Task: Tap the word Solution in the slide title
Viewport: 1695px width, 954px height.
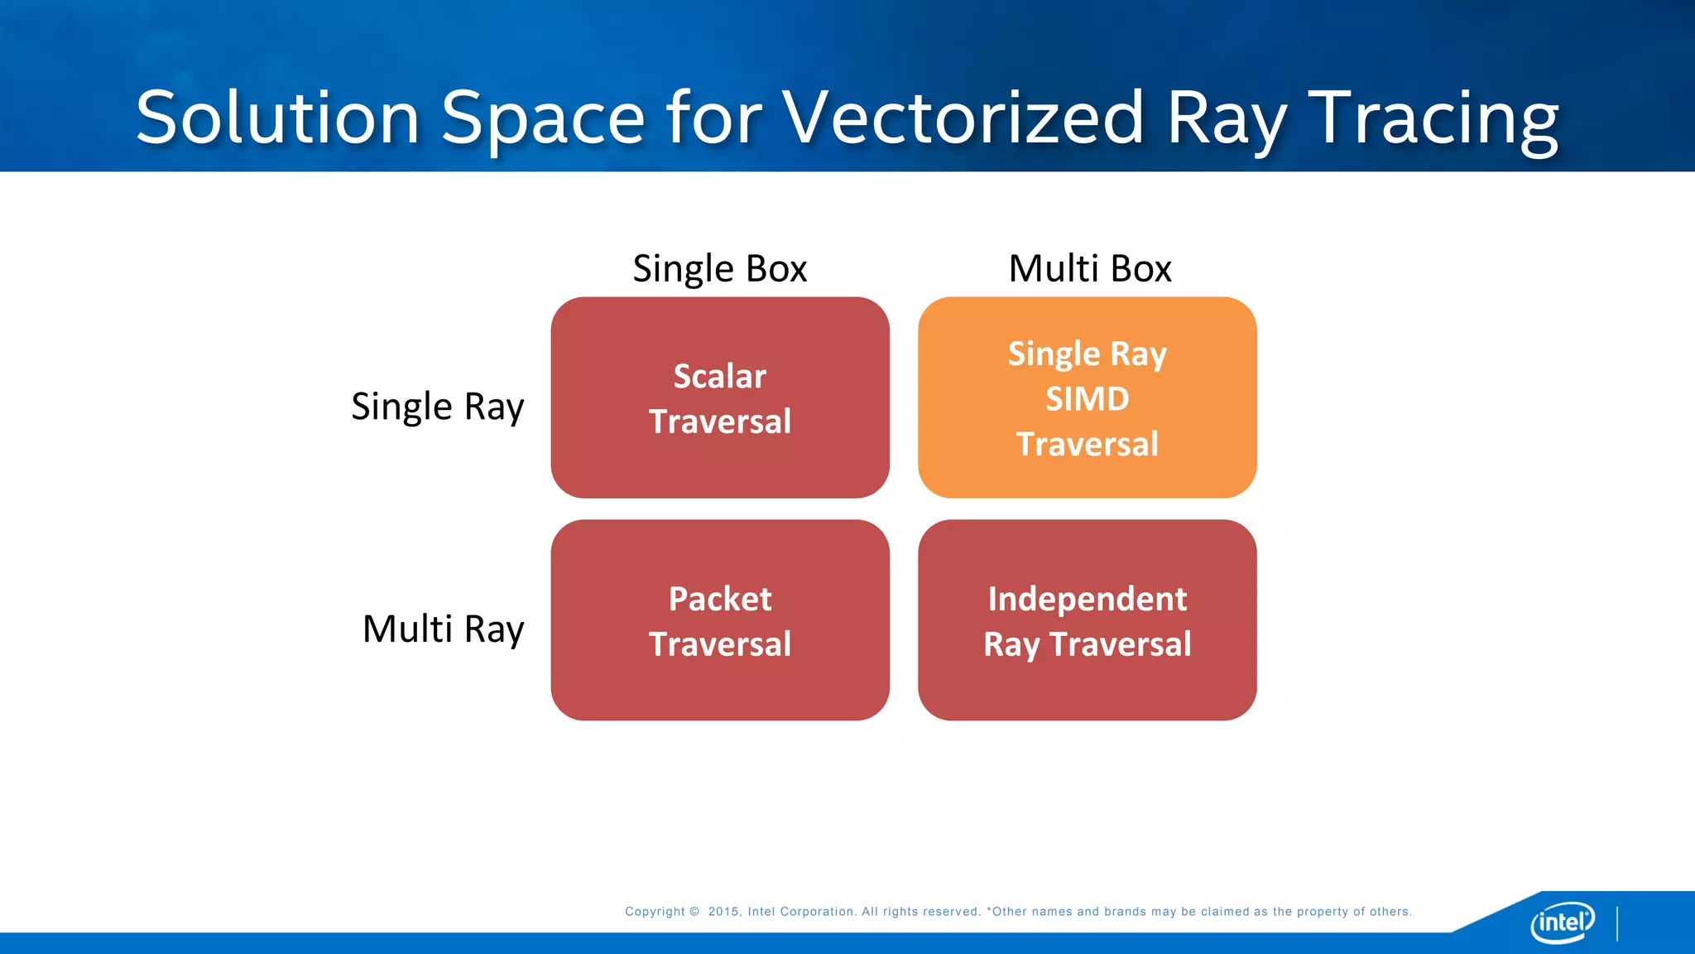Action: point(278,118)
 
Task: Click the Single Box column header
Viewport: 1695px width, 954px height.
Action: point(719,268)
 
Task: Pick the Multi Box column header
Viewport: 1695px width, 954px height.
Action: point(1089,268)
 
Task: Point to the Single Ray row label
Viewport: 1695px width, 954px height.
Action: point(437,407)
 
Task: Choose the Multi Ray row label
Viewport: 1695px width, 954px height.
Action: point(443,629)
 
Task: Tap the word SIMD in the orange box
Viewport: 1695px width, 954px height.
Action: point(1087,399)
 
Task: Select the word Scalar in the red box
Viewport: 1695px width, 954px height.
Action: point(719,376)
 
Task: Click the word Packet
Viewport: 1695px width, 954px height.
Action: point(719,599)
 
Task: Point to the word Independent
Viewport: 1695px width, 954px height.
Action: point(1087,599)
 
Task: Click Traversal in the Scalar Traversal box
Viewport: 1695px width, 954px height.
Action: point(719,422)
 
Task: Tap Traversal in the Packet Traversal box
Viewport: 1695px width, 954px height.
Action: point(719,644)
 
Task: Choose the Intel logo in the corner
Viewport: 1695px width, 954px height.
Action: point(1562,922)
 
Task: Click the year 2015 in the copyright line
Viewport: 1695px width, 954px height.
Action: point(723,912)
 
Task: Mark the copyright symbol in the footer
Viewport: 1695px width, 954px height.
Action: point(694,912)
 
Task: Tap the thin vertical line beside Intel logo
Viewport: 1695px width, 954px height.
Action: point(1616,923)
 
